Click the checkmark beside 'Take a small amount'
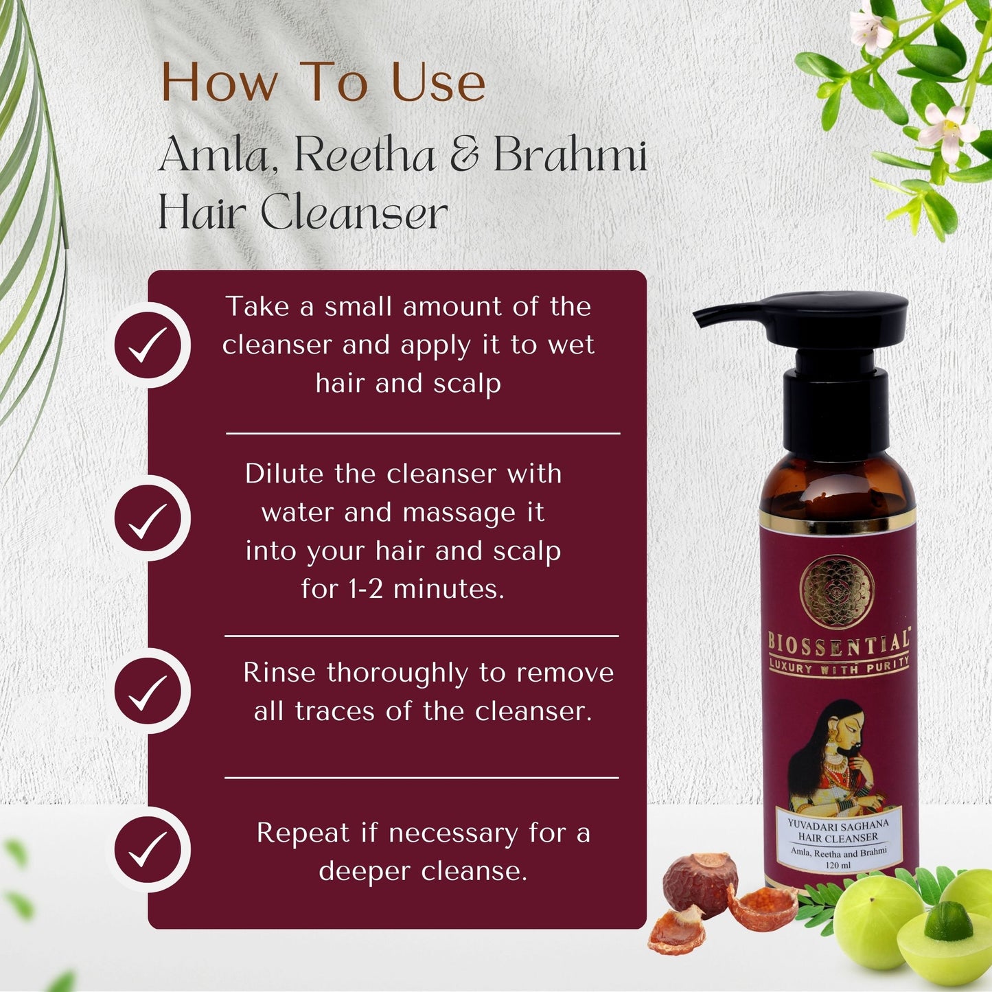pyautogui.click(x=147, y=344)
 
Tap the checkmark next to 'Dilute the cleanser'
pyautogui.click(x=147, y=520)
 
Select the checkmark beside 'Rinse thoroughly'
pyautogui.click(x=147, y=693)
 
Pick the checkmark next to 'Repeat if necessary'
pyautogui.click(x=147, y=851)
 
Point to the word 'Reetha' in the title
pyautogui.click(x=365, y=154)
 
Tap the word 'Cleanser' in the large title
pyautogui.click(x=354, y=212)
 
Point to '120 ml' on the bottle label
pyautogui.click(x=838, y=865)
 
